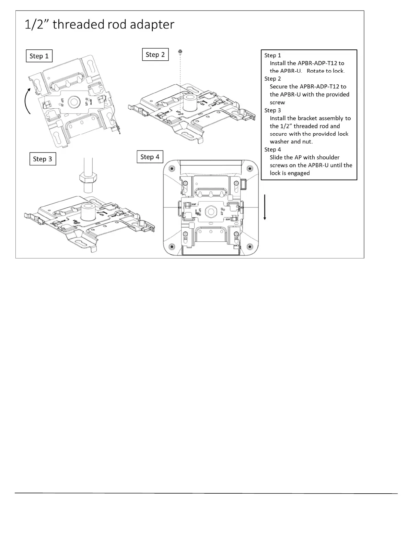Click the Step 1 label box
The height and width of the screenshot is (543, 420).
point(39,56)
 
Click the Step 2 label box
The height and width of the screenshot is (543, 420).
point(155,55)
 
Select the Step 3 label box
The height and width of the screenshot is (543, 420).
point(43,159)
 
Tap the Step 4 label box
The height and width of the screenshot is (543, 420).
point(150,157)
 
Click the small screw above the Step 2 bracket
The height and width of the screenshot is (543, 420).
point(180,52)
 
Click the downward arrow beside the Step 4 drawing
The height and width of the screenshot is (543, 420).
point(265,207)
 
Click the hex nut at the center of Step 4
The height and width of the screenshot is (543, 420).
point(210,212)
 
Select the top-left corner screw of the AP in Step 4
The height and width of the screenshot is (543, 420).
point(172,168)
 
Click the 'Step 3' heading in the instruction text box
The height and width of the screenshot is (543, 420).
point(272,110)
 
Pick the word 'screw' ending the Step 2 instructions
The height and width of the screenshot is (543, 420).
point(277,102)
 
